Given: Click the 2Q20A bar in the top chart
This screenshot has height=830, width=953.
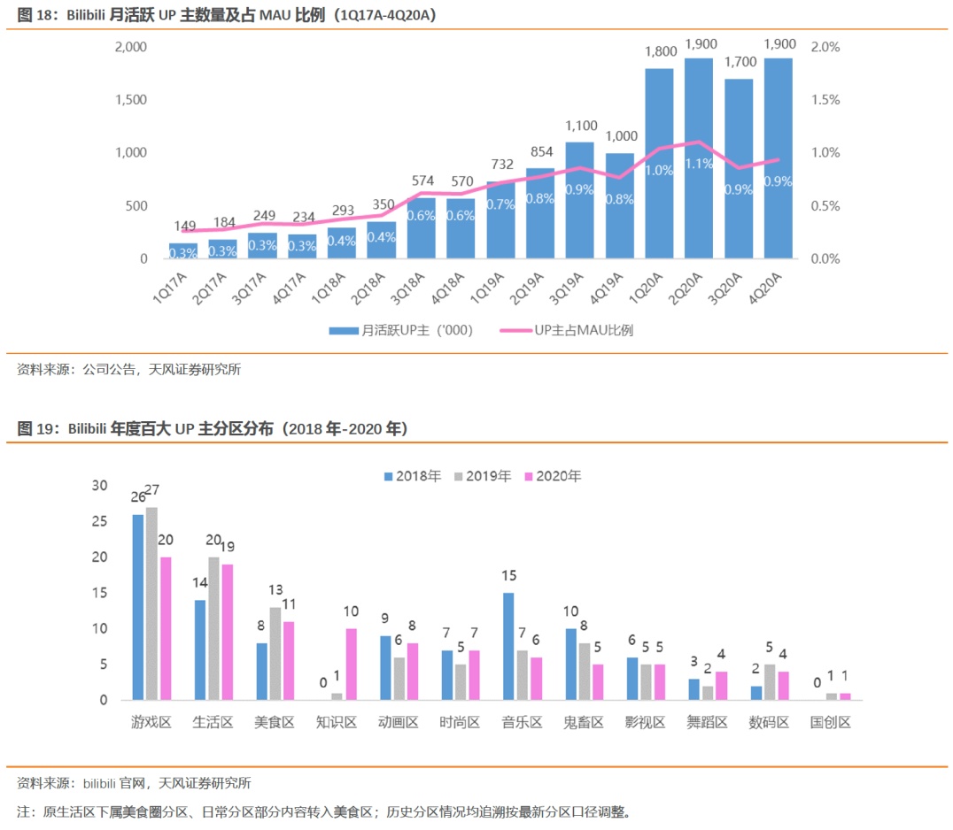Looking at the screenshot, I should tap(699, 159).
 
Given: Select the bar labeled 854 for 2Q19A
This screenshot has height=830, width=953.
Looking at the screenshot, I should tap(540, 213).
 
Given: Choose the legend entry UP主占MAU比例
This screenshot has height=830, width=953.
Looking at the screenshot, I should tap(584, 330).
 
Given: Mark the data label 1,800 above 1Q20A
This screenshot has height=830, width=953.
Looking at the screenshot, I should tap(660, 52).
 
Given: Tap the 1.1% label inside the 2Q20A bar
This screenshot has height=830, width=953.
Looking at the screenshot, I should tap(699, 164).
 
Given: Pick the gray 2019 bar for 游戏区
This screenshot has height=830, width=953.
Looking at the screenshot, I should tap(151, 603).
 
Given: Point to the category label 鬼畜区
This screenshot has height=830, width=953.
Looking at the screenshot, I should tap(584, 722).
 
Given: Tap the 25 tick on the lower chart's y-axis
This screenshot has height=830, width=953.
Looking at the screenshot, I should tap(99, 521).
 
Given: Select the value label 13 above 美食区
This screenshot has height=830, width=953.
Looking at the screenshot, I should tap(275, 590).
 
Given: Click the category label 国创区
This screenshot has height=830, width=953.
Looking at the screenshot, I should tap(831, 722).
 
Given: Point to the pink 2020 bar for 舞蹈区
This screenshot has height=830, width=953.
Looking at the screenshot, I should tap(721, 686).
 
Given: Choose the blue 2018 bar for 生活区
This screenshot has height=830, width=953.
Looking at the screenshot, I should tap(200, 649).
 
